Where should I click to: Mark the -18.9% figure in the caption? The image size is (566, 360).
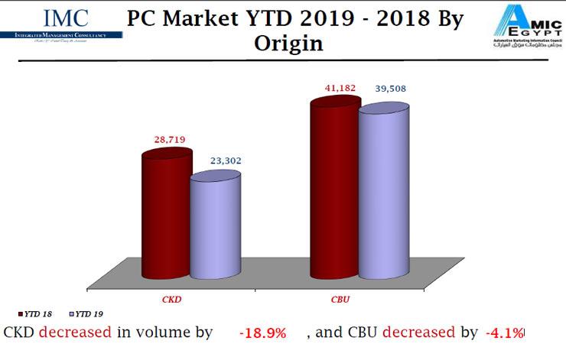click(262, 333)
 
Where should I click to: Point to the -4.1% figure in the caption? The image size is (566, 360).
click(505, 333)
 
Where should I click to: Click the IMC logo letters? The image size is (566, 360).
click(66, 18)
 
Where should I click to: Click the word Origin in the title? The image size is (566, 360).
click(288, 43)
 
